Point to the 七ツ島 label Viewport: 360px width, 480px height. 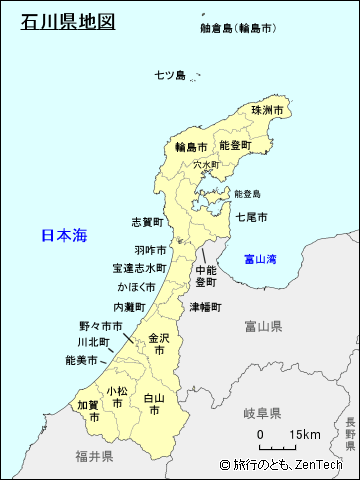(170, 75)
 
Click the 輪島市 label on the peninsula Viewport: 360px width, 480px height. (190, 146)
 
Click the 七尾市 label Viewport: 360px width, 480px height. (251, 216)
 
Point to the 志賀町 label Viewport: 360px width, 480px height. (148, 221)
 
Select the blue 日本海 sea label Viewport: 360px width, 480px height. (64, 236)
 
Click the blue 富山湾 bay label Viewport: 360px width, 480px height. (261, 260)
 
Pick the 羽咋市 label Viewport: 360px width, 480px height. (149, 250)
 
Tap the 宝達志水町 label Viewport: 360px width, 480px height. (139, 268)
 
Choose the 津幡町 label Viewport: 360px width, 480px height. (207, 307)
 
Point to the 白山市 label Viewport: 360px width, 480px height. (153, 404)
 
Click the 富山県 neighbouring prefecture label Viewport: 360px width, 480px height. (263, 326)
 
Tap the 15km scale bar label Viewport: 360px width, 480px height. (304, 435)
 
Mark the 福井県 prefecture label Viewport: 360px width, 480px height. (93, 456)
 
